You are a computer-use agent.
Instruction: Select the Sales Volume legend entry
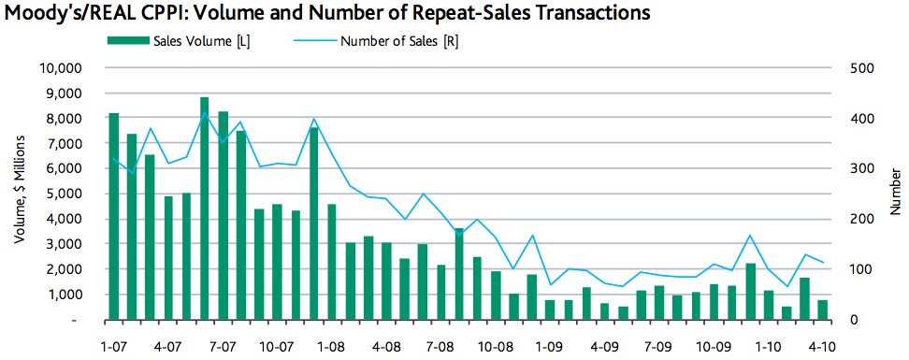click(192, 42)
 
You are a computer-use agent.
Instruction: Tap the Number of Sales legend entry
click(398, 42)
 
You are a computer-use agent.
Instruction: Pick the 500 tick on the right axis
click(860, 68)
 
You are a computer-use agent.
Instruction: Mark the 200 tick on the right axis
click(860, 219)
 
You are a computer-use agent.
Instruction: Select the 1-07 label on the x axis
click(114, 345)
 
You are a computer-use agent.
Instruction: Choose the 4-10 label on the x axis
click(822, 345)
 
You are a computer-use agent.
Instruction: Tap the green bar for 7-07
click(223, 216)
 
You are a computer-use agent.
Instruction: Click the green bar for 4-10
click(822, 310)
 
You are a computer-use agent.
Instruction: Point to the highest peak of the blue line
click(205, 113)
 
